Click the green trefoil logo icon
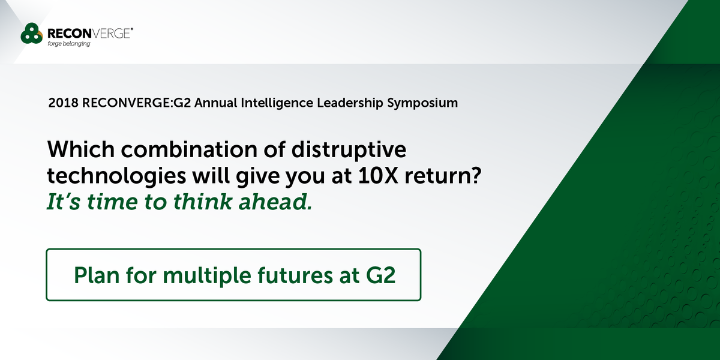(x=31, y=34)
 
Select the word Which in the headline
(x=77, y=148)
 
